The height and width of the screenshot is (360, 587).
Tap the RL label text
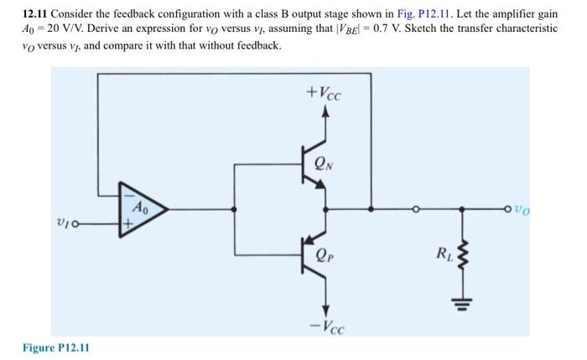(x=440, y=253)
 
